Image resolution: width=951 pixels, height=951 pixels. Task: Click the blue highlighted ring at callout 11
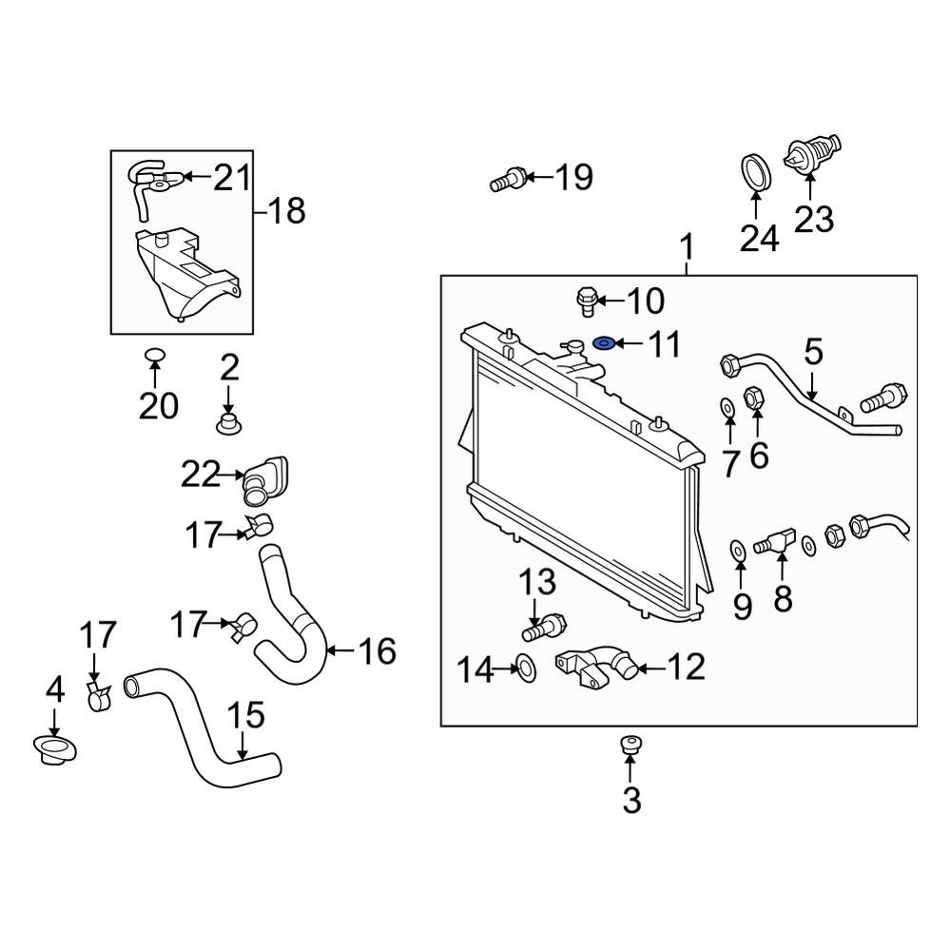[603, 342]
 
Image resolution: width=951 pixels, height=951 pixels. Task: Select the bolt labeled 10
[587, 302]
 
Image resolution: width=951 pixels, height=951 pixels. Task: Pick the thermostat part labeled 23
[810, 155]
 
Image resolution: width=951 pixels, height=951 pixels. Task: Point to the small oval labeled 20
[154, 357]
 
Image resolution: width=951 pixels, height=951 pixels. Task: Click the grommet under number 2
[228, 422]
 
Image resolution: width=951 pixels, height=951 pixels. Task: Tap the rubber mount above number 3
[630, 745]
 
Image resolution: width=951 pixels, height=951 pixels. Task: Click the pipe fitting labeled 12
[596, 665]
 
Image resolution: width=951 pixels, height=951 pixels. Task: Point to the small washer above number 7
[727, 408]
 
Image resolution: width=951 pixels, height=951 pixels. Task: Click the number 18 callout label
[286, 210]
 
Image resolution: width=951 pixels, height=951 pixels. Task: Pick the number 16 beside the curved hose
[377, 651]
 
